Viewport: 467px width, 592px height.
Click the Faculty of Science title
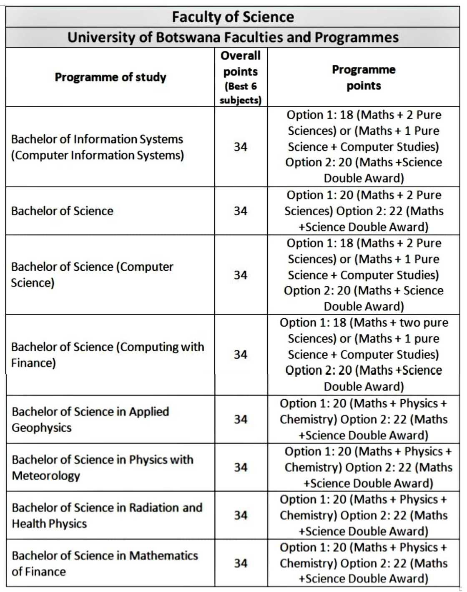coord(233,17)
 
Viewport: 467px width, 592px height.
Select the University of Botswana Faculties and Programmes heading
coord(233,38)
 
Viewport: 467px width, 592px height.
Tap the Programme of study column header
coord(110,77)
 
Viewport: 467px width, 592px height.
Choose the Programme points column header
coord(364,77)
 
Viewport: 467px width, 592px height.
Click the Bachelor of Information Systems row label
coord(97,147)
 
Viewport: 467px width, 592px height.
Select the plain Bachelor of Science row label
coord(62,211)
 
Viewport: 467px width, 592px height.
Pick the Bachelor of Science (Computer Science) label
coord(92,275)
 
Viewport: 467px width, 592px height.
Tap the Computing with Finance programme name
coord(108,355)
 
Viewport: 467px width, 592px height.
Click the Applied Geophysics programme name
coord(90,419)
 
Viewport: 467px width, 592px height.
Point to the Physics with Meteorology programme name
coord(103,467)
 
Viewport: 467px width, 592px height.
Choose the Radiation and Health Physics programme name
coord(107,515)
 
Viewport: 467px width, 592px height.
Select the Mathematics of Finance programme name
coord(105,563)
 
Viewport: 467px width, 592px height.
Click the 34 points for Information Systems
coord(241,147)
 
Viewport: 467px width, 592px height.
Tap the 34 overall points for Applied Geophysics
coord(241,419)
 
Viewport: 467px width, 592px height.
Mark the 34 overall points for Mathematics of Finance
coord(241,563)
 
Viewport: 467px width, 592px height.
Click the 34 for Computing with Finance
coord(241,355)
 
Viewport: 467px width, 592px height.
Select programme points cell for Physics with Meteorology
coord(368,467)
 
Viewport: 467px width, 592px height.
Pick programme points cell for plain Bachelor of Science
coord(364,211)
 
